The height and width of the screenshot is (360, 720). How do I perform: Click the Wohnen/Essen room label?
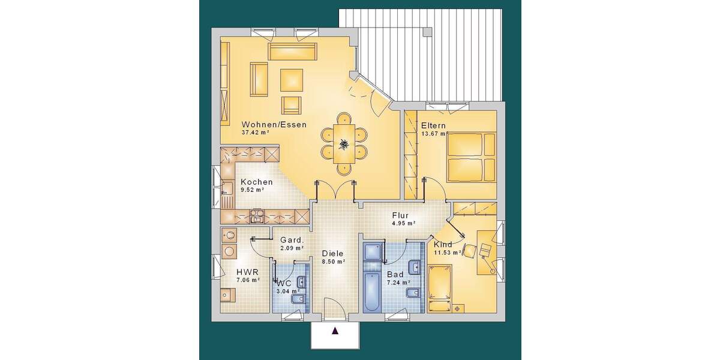[x=274, y=125]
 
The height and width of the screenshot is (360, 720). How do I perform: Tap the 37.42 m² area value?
[x=256, y=133]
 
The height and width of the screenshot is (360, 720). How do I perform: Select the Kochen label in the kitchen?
[x=256, y=182]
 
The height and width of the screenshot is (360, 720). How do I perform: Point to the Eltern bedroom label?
[x=433, y=125]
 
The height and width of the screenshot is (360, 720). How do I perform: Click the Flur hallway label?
[x=400, y=215]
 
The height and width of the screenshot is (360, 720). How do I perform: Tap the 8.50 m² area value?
[x=333, y=262]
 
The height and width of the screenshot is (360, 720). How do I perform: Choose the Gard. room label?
[x=292, y=240]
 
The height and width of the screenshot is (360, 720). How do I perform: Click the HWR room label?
[x=247, y=272]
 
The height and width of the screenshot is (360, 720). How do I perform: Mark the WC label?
[x=284, y=283]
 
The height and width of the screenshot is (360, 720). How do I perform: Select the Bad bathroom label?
[x=395, y=274]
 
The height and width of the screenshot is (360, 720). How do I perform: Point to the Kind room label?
[x=443, y=245]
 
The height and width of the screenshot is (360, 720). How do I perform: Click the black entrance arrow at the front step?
[x=335, y=330]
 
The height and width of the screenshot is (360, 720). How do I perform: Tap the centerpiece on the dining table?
[x=344, y=144]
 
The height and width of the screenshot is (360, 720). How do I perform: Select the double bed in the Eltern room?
[x=471, y=158]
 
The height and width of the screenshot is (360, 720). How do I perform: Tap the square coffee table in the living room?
[x=292, y=80]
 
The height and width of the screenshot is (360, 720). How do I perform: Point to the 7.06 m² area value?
[x=247, y=280]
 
